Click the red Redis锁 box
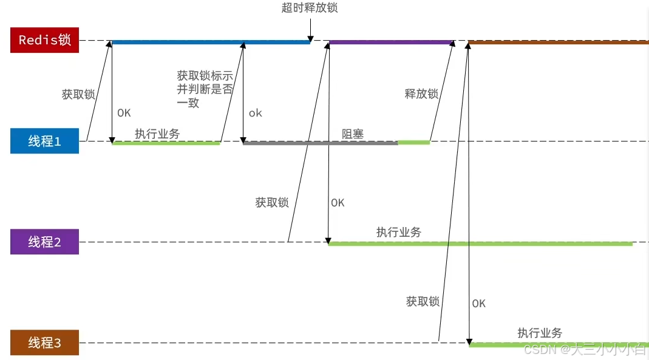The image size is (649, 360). (x=44, y=40)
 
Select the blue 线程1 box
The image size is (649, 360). (x=44, y=141)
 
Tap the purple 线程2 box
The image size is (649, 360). (x=44, y=242)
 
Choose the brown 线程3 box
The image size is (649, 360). (x=44, y=342)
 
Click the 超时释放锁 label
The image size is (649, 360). (x=310, y=8)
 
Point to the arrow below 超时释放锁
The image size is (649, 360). (x=310, y=28)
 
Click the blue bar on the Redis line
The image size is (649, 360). (x=211, y=42)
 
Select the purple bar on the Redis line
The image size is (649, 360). (x=391, y=42)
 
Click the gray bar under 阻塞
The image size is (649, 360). (x=320, y=143)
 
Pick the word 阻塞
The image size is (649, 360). (x=353, y=134)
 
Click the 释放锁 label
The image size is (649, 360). (x=421, y=93)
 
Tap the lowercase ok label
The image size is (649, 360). (x=256, y=113)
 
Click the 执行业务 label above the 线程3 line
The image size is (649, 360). (x=540, y=333)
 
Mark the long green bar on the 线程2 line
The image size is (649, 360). (x=480, y=243)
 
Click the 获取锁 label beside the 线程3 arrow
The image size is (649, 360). (x=423, y=301)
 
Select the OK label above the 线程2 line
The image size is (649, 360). (x=338, y=203)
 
